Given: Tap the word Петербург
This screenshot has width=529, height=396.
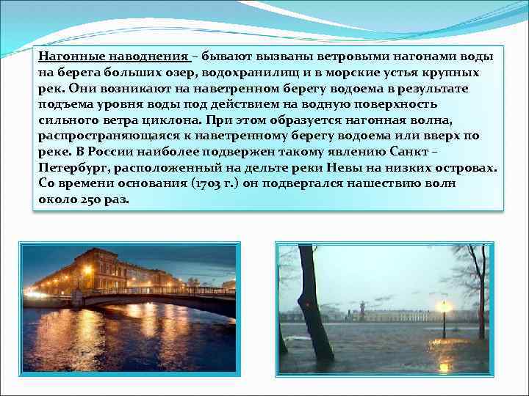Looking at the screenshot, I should (x=73, y=168).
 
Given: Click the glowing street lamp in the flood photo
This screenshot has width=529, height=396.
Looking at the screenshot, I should (x=443, y=306).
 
